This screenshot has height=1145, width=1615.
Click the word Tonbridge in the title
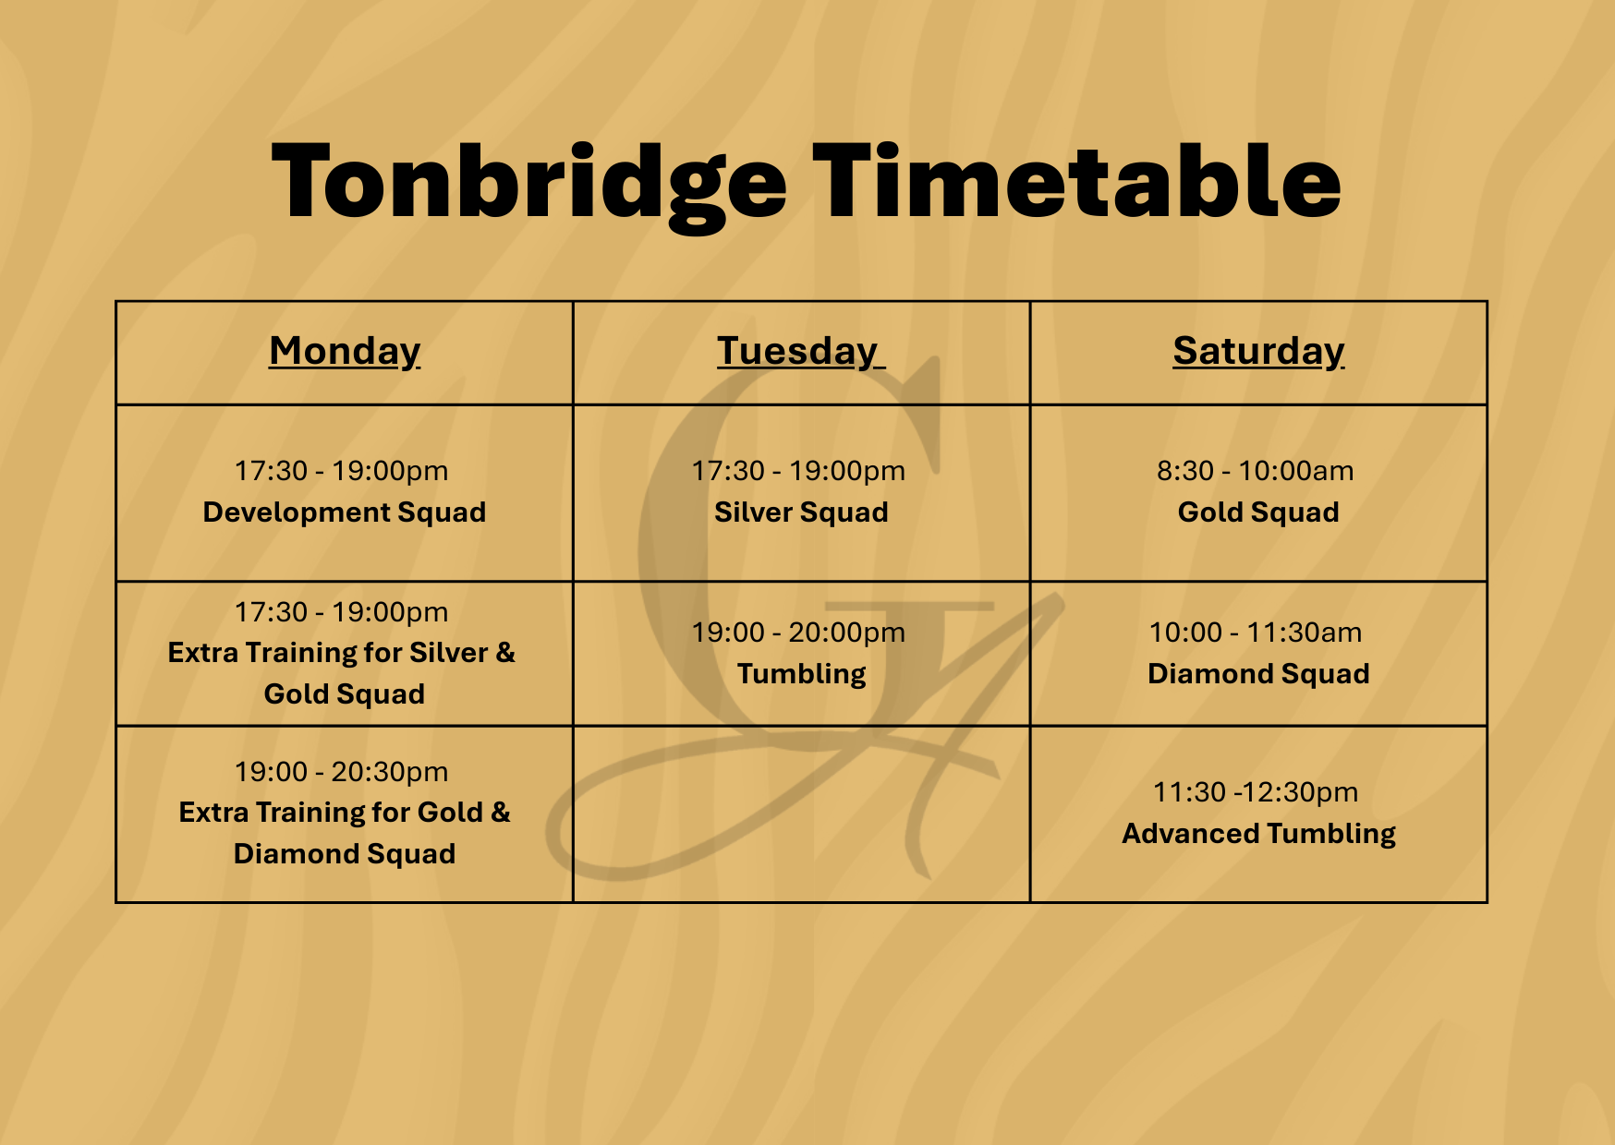coord(528,182)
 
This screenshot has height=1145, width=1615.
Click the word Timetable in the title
coord(1075,182)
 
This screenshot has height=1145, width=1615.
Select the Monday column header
coord(345,351)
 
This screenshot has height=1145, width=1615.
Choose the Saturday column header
coord(1258,351)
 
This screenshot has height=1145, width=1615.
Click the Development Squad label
coord(345,512)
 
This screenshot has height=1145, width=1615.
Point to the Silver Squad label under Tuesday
coord(801,512)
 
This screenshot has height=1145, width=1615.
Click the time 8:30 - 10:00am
coord(1255,471)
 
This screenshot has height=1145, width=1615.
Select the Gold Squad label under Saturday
coord(1258,512)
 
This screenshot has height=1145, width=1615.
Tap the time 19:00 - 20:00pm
coord(798,633)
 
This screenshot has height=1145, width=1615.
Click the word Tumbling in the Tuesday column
coord(801,674)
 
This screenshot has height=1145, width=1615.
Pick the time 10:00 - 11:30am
coord(1255,633)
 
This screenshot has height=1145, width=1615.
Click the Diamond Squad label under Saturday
coord(1258,674)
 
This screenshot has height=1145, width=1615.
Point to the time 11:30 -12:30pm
coord(1255,792)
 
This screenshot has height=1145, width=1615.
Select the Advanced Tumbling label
coord(1258,834)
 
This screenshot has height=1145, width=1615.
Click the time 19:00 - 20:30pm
coord(341,772)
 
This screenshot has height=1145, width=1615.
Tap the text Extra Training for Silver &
coord(341,653)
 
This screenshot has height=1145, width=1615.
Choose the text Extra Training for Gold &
coord(345,813)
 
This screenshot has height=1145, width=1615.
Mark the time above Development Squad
coord(341,471)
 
